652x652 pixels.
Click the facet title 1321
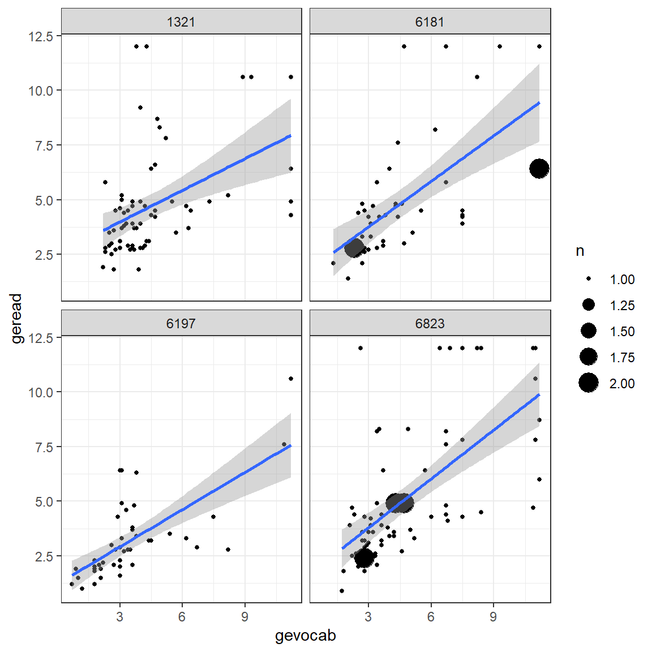coord(181,22)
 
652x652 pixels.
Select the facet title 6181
coord(430,22)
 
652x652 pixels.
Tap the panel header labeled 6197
coord(181,324)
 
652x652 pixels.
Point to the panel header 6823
coord(430,324)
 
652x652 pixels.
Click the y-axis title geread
coord(16,319)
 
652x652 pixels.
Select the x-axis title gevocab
coord(306,636)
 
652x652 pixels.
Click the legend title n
coord(580,251)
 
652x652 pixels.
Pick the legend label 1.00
coord(621,280)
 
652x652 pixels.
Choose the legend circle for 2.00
coord(589,383)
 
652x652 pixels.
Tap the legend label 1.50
coord(621,332)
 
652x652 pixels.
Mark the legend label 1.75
coord(621,358)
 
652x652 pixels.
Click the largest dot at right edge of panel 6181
coord(539,169)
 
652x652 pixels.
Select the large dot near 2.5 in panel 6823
coord(364,557)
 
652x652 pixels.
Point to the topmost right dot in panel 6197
coord(291,379)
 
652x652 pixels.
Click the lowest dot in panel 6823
coord(342,591)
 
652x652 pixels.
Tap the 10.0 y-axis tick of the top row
coord(41,91)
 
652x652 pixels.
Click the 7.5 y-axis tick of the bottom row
coord(41,447)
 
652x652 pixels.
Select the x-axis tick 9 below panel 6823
coord(494,617)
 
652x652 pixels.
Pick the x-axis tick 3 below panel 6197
coord(119,617)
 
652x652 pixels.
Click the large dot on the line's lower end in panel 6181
coord(354,247)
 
